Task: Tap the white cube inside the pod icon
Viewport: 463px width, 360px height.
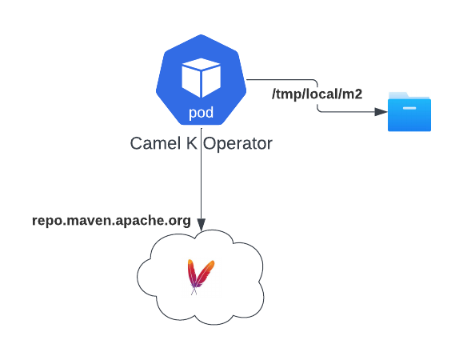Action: pos(201,78)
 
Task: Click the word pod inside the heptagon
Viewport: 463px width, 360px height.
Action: pos(201,113)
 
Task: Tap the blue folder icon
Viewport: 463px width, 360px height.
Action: pos(409,111)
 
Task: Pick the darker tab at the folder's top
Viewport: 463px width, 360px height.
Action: pos(400,94)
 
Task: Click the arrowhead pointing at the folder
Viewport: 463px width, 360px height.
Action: pos(381,111)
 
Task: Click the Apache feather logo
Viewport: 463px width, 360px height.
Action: pos(200,276)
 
